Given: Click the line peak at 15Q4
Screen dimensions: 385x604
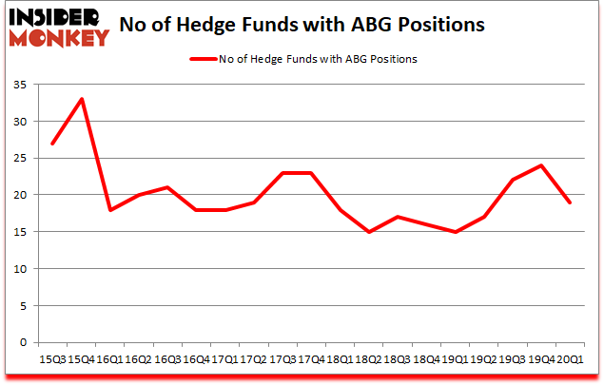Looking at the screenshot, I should point(82,99).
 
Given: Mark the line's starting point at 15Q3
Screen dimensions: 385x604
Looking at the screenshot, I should point(53,144).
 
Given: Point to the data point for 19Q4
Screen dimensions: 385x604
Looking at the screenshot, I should point(541,165).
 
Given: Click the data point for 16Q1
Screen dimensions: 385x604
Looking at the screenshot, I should point(108,210).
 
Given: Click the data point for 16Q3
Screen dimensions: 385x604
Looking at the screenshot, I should point(167,187).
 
